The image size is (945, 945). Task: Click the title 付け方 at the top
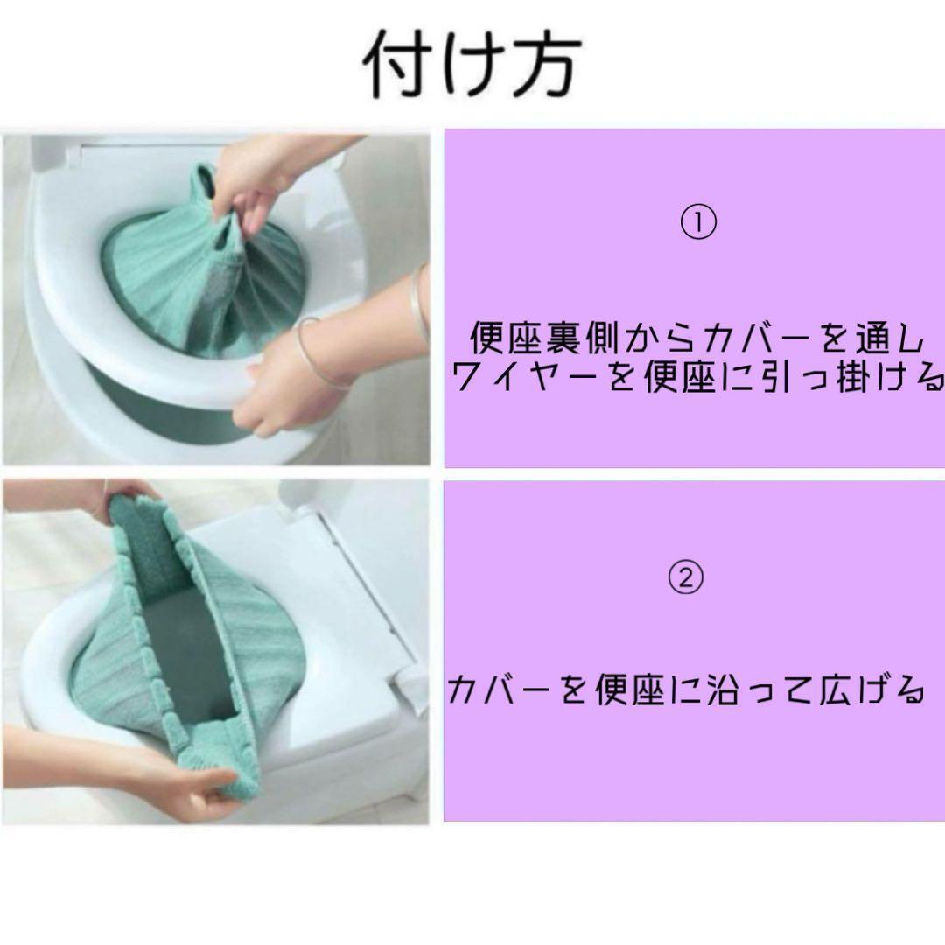472,63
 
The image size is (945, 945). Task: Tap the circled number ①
698,221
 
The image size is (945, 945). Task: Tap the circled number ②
685,577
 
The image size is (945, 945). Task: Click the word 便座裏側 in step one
544,338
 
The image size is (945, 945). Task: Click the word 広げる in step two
871,689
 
